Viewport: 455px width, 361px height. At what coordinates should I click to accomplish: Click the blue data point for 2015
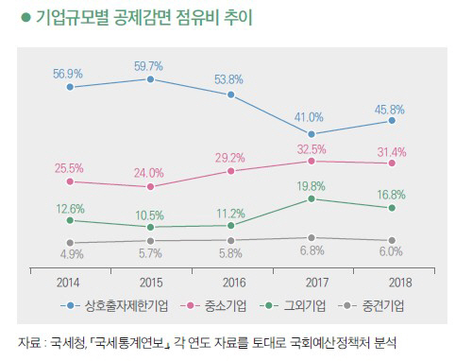[150, 79]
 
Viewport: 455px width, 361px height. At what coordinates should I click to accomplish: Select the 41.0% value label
[309, 117]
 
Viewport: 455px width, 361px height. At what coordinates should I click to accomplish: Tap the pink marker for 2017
[312, 161]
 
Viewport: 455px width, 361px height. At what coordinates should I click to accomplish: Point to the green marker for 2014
[70, 220]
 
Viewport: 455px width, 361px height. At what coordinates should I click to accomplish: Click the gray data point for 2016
[230, 241]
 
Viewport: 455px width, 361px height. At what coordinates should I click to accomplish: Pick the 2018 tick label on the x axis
[400, 283]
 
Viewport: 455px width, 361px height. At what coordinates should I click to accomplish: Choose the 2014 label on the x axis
[68, 283]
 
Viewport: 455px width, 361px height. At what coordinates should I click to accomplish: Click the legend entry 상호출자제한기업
[126, 305]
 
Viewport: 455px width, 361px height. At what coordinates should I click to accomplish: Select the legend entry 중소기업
[226, 305]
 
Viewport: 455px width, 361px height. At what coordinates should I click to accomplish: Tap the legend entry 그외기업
[304, 305]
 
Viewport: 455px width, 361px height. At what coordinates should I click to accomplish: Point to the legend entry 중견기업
[383, 305]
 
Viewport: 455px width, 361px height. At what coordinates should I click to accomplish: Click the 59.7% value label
[148, 66]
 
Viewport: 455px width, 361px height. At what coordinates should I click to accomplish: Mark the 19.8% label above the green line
[311, 186]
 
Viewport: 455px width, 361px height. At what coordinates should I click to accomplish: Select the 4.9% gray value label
[72, 254]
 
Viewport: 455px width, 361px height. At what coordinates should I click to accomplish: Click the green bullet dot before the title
[25, 17]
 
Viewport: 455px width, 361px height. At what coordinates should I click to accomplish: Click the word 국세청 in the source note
[68, 342]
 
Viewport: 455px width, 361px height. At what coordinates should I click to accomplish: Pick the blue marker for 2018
[392, 120]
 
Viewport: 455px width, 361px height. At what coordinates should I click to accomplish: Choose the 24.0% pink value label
[149, 173]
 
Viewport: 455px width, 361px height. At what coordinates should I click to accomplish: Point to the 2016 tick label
[234, 283]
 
